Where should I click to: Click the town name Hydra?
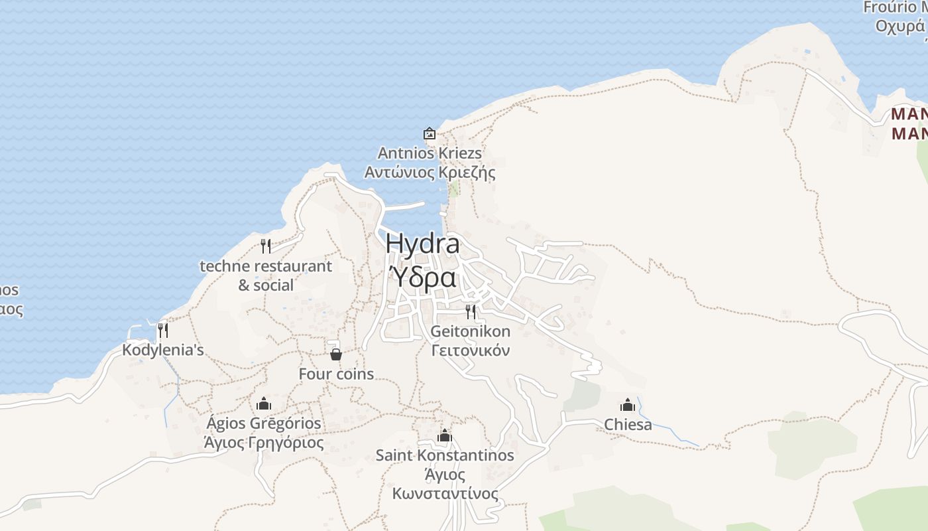point(422,244)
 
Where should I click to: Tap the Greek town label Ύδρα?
point(422,277)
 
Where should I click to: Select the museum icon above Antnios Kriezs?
point(430,133)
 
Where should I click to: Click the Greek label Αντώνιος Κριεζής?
point(430,173)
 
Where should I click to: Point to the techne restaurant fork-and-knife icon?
point(266,246)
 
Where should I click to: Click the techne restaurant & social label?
point(266,275)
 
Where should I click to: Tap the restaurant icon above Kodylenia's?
point(162,330)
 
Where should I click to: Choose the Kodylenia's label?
point(162,350)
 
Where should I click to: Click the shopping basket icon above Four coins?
point(336,354)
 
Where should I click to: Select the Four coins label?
point(336,374)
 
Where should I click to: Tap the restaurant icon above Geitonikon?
point(471,311)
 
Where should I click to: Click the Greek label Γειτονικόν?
point(471,350)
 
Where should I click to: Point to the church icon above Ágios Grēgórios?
point(264,404)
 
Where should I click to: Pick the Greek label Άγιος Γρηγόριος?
point(264,443)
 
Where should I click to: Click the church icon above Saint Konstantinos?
point(445,435)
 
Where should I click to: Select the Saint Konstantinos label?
point(445,455)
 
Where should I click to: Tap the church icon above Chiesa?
point(628,404)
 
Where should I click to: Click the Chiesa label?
point(628,425)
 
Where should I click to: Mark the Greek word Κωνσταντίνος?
point(445,494)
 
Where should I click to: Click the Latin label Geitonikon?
point(471,331)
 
